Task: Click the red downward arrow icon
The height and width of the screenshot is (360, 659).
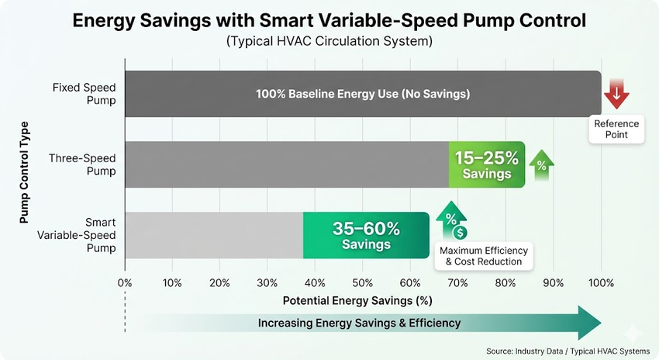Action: click(617, 93)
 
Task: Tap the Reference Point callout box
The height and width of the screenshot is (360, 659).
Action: click(617, 130)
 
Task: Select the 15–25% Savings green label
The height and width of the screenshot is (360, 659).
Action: click(487, 165)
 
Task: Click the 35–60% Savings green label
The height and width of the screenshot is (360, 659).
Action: click(366, 236)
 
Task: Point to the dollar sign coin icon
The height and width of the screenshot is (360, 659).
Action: click(461, 232)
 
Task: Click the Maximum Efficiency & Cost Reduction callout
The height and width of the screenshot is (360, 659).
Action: click(483, 256)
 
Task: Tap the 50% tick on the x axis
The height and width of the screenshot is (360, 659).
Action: click(363, 282)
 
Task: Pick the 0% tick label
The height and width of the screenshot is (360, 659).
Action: click(125, 282)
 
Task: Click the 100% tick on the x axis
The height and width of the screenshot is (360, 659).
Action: click(601, 282)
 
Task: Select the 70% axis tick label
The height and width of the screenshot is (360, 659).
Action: click(458, 282)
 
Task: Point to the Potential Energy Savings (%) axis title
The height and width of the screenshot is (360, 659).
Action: click(357, 299)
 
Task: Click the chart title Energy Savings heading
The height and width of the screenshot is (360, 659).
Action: click(329, 20)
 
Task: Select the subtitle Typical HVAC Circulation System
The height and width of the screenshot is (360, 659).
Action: click(329, 41)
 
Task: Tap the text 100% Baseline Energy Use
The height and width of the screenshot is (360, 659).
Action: click(363, 94)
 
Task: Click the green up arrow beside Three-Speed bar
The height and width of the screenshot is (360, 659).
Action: click(541, 165)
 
